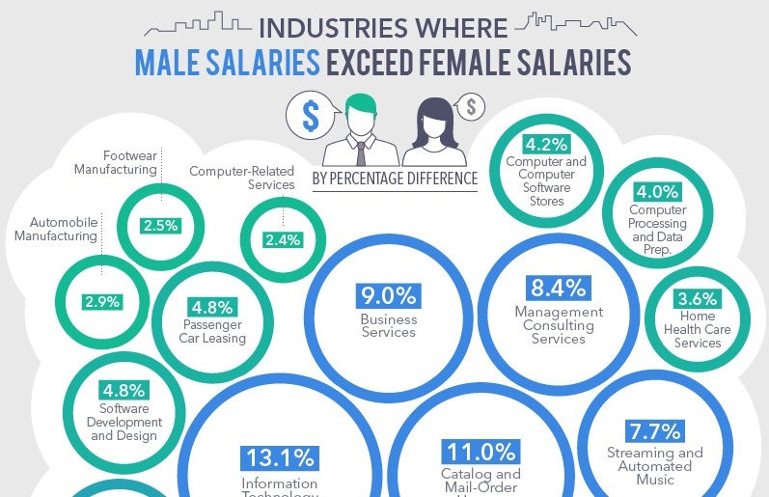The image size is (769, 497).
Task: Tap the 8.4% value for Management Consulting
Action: pyautogui.click(x=559, y=288)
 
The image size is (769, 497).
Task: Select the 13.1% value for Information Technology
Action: pyautogui.click(x=279, y=457)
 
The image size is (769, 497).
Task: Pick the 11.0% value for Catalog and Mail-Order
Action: pyautogui.click(x=481, y=452)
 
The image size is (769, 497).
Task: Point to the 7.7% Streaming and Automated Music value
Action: pyautogui.click(x=655, y=430)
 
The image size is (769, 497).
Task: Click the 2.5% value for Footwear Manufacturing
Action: pyautogui.click(x=160, y=226)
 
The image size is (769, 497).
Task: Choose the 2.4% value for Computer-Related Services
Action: pyautogui.click(x=283, y=240)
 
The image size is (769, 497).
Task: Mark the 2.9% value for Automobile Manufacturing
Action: pyautogui.click(x=102, y=302)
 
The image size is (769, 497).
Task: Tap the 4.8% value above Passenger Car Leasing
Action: pyautogui.click(x=211, y=307)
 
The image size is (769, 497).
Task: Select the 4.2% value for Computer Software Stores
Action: pyautogui.click(x=546, y=145)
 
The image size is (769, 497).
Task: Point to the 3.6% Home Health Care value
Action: pyautogui.click(x=698, y=298)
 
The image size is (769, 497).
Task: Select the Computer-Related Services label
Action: pyautogui.click(x=242, y=178)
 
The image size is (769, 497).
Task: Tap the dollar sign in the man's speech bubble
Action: pyautogui.click(x=310, y=115)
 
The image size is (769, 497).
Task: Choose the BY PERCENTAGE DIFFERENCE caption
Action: pyautogui.click(x=395, y=179)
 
